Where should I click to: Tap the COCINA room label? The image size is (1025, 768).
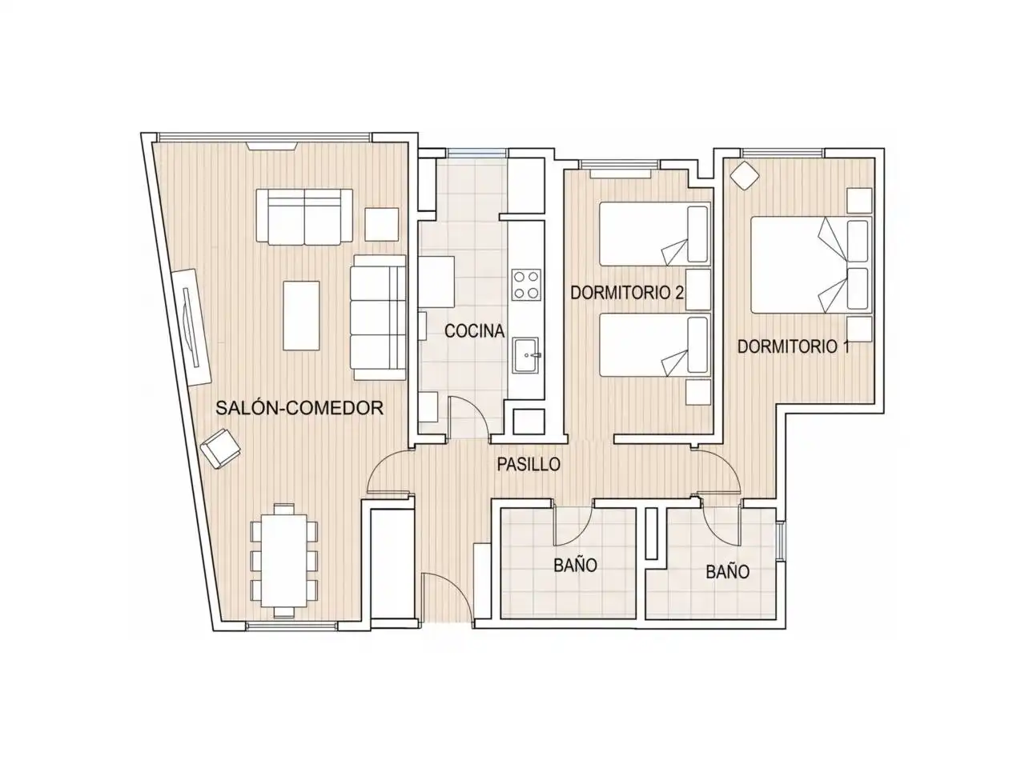click(x=474, y=330)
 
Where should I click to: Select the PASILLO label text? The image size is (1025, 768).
click(x=529, y=465)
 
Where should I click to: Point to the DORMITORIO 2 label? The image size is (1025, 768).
click(x=627, y=292)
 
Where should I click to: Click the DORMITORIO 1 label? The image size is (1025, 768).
click(x=794, y=346)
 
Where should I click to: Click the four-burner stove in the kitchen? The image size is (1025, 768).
click(x=526, y=285)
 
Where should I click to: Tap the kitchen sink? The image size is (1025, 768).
click(x=526, y=355)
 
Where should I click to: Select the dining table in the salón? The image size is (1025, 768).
click(x=284, y=560)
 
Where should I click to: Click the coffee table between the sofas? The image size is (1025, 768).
click(x=301, y=315)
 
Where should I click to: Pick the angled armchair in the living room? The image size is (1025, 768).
click(x=220, y=448)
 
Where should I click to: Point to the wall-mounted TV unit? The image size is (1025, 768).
click(x=192, y=327)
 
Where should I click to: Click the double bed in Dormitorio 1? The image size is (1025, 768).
click(x=811, y=264)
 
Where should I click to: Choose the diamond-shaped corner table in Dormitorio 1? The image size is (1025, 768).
click(x=745, y=175)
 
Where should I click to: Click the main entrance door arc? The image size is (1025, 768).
click(x=447, y=596)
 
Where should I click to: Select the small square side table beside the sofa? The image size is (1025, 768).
click(x=381, y=224)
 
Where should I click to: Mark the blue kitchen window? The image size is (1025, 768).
click(x=476, y=153)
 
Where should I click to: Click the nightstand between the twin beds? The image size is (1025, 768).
click(x=697, y=289)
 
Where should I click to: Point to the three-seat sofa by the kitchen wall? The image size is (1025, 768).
click(x=378, y=317)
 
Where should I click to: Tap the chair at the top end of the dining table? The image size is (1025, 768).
click(x=283, y=508)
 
